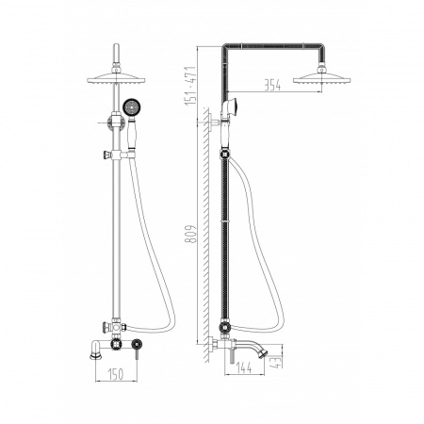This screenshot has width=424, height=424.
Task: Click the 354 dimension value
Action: click(272, 85)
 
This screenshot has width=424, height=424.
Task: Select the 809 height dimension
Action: click(190, 234)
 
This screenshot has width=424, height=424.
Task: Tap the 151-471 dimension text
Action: click(190, 86)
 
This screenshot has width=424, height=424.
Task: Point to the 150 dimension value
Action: click(116, 374)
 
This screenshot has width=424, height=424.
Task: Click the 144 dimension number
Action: click(244, 367)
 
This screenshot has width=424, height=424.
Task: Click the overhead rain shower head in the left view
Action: click(116, 77)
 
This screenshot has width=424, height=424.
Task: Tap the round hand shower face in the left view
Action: click(130, 107)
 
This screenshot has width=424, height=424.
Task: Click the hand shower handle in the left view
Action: click(131, 134)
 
